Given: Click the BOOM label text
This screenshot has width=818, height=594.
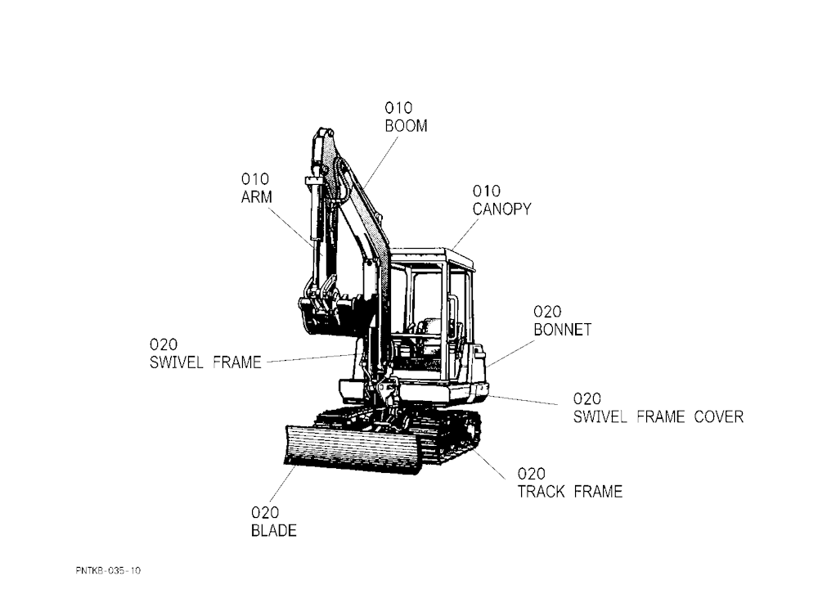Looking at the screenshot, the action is (x=406, y=126).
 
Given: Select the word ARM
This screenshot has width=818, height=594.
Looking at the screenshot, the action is (x=256, y=197).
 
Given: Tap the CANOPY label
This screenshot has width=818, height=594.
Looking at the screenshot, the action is (x=501, y=209).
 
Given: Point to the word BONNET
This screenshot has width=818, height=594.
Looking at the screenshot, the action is (x=563, y=330).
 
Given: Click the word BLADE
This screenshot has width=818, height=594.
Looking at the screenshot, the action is (x=274, y=530).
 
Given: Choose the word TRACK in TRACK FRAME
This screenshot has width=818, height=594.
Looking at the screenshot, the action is (x=541, y=492).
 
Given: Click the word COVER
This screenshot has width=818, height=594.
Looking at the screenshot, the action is (x=719, y=416).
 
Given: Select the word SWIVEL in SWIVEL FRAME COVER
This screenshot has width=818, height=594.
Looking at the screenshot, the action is (x=600, y=416).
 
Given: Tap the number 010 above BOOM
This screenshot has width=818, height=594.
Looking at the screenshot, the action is (x=398, y=108).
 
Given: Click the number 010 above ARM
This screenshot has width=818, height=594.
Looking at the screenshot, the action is (x=254, y=179).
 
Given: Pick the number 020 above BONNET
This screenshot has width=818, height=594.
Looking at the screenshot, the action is (x=547, y=312).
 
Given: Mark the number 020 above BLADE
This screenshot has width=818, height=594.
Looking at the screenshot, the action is (x=265, y=512).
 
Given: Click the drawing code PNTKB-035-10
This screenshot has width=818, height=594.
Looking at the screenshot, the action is (x=108, y=570).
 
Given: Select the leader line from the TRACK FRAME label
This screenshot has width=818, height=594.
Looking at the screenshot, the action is (x=489, y=465).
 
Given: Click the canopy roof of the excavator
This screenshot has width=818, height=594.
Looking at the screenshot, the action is (x=433, y=256).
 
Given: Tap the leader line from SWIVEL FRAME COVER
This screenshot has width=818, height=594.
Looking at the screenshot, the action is (x=524, y=400).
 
